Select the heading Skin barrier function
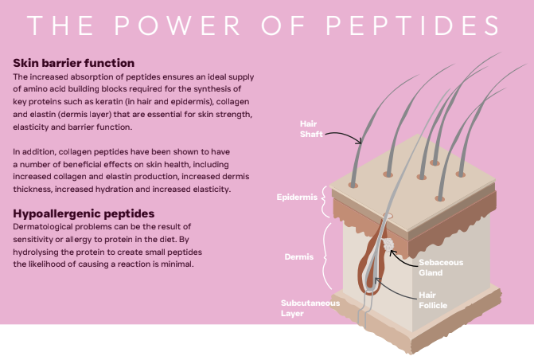[x=74, y=62]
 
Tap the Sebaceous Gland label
[x=441, y=267]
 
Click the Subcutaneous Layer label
[x=310, y=308]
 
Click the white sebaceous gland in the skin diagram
[x=388, y=245]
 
